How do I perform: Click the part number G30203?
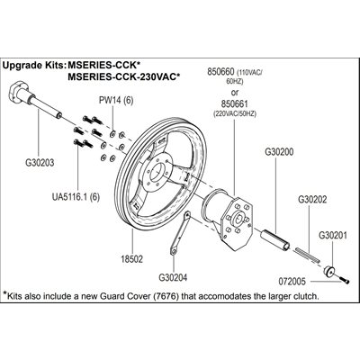[x=40, y=163]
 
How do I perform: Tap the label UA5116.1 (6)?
[x=76, y=197]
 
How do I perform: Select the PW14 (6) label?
[x=116, y=100]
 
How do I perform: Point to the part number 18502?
[x=132, y=258]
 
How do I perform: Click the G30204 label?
[x=173, y=277]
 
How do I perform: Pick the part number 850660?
[x=221, y=72]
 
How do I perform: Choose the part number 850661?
[x=235, y=103]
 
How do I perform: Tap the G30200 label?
[x=279, y=152]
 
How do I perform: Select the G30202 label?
[x=312, y=200]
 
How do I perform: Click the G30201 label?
[x=333, y=235]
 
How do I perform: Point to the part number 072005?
[x=292, y=282]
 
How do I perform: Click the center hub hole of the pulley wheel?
[x=157, y=172]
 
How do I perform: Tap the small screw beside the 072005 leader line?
[x=345, y=281]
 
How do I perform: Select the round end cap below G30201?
[x=329, y=271]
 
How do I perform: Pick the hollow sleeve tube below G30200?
[x=275, y=239]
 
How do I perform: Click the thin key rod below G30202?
[x=308, y=256]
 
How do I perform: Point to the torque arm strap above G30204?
[x=180, y=233]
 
